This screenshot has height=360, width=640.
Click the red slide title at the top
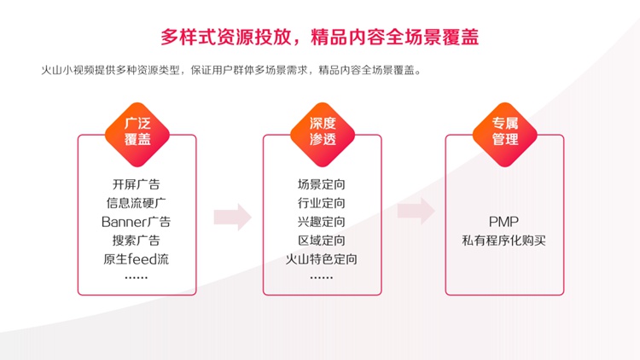pos(320,38)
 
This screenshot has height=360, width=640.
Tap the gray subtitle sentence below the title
pos(231,70)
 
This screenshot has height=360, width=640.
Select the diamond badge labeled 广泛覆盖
pos(137,134)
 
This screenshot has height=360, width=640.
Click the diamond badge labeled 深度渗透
pos(323,134)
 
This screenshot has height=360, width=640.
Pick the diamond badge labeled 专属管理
pos(505,134)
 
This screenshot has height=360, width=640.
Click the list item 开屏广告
pos(137,184)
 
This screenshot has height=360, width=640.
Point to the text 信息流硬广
pos(137,203)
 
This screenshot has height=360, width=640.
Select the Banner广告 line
pos(137,222)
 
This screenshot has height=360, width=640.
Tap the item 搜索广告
pos(137,241)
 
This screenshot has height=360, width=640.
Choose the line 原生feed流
pos(137,259)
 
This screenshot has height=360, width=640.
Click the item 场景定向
pos(322,184)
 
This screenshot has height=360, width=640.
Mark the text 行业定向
pos(322,203)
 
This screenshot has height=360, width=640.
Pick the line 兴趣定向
pos(322,222)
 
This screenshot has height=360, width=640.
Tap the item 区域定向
pos(322,241)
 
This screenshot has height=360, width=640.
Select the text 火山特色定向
pos(322,259)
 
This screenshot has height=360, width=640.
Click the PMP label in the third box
pos(504,222)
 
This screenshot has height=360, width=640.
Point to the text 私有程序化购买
pos(504,241)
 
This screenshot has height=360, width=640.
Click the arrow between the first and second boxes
pos(233,218)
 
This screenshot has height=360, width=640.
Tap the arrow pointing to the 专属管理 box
pos(416,211)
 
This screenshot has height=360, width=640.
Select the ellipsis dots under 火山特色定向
pos(322,277)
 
